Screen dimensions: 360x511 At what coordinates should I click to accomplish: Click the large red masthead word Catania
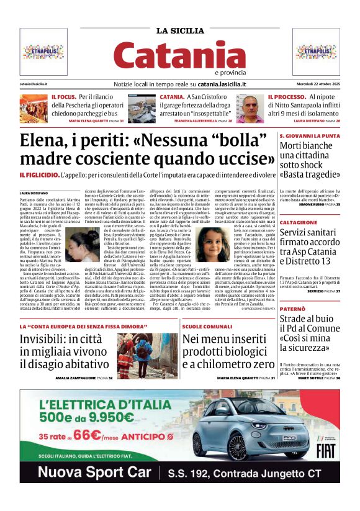coord(179,57)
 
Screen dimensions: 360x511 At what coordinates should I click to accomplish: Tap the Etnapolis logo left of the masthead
coord(43,51)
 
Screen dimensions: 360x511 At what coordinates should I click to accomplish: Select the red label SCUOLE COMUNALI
coord(207,326)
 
